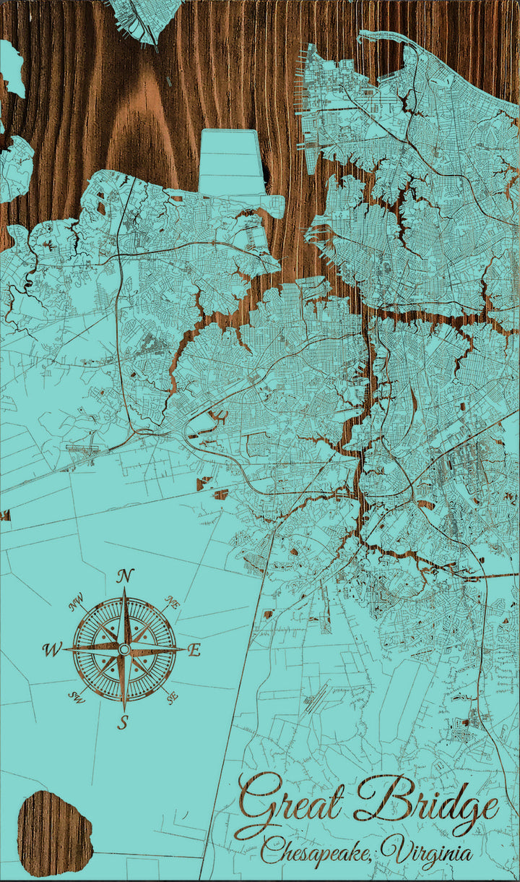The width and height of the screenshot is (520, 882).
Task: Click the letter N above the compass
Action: coord(126,576)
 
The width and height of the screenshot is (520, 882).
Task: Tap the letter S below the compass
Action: coord(123,722)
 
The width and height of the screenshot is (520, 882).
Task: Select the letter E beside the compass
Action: coord(194,651)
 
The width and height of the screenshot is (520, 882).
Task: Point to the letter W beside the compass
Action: coord(53,650)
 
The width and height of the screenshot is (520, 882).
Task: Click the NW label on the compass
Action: coord(76,601)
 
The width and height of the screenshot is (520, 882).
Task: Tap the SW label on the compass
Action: coord(76,697)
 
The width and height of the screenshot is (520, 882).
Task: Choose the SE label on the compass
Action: coord(171,698)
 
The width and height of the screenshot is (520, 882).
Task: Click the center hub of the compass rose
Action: coord(123,650)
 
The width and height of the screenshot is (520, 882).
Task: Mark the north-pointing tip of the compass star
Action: coord(124,590)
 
